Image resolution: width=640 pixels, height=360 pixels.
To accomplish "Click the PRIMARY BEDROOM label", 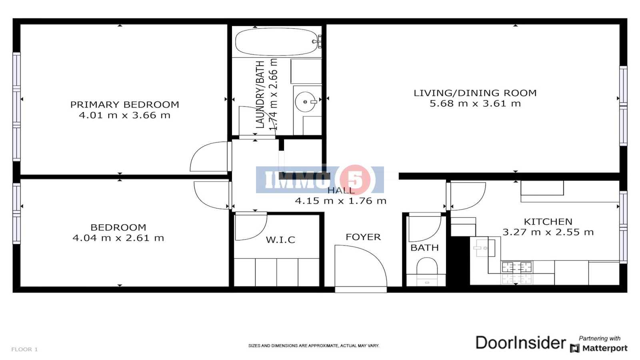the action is (x=124, y=104).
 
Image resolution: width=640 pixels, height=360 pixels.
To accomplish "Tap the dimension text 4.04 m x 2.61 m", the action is (x=118, y=238).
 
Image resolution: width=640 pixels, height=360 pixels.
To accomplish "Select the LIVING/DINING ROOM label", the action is (x=475, y=93).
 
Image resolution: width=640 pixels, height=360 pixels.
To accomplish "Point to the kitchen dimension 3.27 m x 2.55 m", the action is (x=548, y=232).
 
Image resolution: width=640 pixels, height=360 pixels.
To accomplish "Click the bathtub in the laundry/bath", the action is (x=276, y=42).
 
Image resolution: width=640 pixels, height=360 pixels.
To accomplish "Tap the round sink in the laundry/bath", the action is (x=306, y=102).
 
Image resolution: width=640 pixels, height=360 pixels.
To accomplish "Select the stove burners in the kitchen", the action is (x=516, y=268).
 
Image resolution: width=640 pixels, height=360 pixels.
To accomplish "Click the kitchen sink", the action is (x=484, y=248).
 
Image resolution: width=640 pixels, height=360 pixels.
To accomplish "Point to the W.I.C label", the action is (x=280, y=240).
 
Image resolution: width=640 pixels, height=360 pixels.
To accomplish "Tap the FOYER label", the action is (x=363, y=237).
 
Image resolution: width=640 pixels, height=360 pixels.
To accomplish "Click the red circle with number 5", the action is (x=355, y=180).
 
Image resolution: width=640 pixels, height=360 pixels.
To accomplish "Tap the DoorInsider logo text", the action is (x=520, y=342).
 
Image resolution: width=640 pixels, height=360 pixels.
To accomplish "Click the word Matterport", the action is (x=605, y=348).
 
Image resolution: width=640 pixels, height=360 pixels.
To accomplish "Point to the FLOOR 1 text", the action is (x=24, y=349).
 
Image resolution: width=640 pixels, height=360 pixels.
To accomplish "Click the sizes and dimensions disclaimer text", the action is (x=314, y=346).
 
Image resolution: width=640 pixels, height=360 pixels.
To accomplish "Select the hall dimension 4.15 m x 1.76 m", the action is (x=340, y=201).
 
